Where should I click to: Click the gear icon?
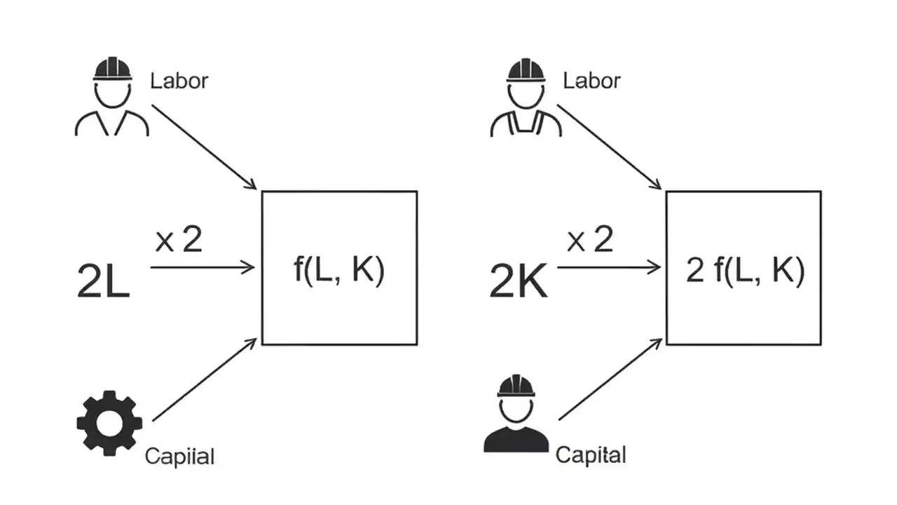[109, 424]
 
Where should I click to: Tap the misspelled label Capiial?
[179, 457]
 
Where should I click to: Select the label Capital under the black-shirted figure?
[590, 454]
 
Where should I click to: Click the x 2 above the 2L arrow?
[178, 241]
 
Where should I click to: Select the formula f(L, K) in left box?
[339, 271]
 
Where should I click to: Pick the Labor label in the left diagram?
[179, 80]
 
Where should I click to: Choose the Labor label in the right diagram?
[591, 80]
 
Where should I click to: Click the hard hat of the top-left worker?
[112, 69]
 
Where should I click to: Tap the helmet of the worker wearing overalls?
[526, 69]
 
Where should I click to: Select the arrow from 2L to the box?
[202, 267]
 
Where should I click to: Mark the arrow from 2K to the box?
[608, 267]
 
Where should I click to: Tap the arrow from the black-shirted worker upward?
[610, 379]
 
